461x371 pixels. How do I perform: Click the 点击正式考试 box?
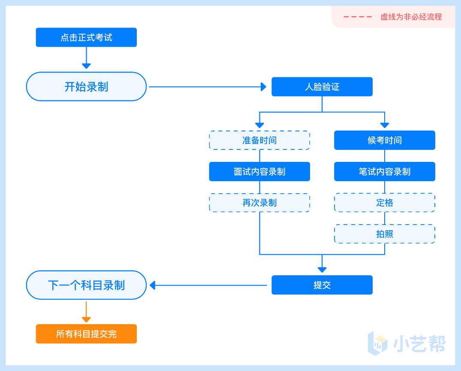86,37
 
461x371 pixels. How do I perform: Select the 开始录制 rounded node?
86,86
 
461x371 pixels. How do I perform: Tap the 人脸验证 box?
322,87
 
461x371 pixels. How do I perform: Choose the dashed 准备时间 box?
259,140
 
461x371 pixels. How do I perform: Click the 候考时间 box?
384,140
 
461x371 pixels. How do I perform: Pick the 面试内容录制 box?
259,172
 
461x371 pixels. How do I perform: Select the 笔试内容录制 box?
384,172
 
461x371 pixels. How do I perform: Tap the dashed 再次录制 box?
259,203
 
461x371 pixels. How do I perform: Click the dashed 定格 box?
384,203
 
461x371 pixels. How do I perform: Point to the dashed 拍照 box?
384,234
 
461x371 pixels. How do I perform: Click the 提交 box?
322,285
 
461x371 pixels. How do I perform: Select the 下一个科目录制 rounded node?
86,285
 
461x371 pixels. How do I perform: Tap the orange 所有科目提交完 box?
86,334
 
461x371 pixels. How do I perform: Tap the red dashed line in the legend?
358,17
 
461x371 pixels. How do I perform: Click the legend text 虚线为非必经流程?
411,17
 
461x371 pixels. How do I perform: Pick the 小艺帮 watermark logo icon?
378,343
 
